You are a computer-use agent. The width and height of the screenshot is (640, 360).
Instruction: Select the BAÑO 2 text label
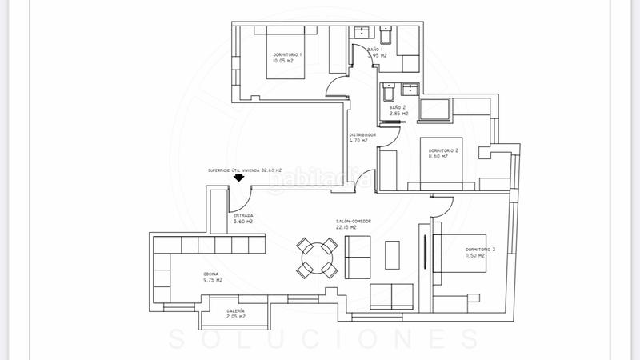[398, 107]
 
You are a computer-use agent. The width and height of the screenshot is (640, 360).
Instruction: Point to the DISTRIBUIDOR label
[362, 134]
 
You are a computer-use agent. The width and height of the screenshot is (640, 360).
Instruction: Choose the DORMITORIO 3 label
[481, 250]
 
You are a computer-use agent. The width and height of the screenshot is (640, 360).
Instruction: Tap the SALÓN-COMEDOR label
[352, 222]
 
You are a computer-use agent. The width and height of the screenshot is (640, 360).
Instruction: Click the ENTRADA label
[243, 215]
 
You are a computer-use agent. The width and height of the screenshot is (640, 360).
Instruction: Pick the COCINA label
[212, 275]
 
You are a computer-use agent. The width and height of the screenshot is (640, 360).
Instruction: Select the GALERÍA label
[235, 310]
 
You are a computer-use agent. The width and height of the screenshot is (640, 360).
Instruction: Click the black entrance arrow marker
[237, 181]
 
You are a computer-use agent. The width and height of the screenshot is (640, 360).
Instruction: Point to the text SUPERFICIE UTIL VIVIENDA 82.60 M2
[246, 170]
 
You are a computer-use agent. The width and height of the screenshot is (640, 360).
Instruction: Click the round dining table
[316, 258]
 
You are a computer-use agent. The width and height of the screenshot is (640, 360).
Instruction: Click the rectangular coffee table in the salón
[393, 256]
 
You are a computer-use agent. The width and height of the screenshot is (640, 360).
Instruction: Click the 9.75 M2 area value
[212, 281]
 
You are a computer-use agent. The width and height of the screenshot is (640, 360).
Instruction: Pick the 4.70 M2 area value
[359, 141]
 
